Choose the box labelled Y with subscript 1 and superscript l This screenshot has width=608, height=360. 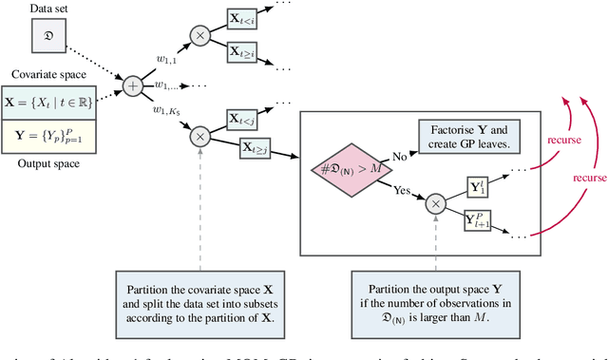coord(481,187)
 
